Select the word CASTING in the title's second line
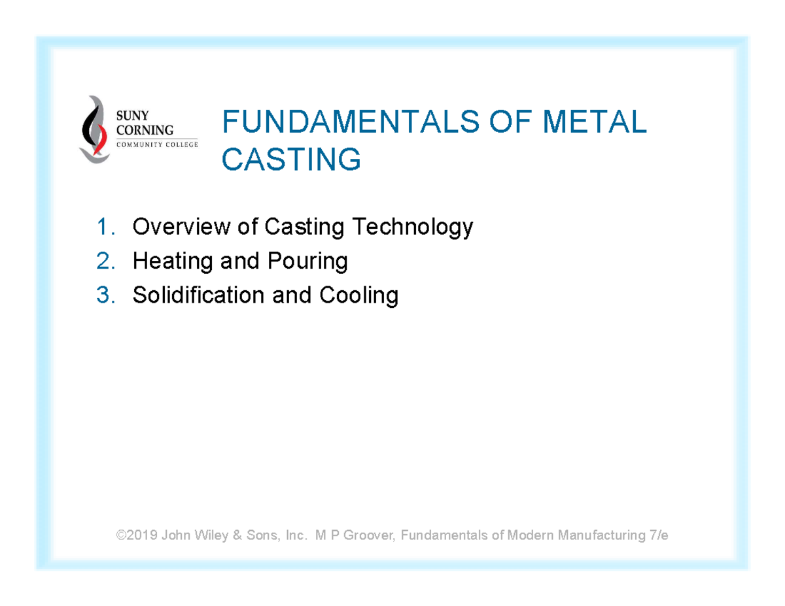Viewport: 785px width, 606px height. coord(291,159)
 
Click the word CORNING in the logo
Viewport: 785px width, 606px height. coord(145,130)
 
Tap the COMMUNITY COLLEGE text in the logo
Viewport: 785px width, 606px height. coord(156,144)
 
